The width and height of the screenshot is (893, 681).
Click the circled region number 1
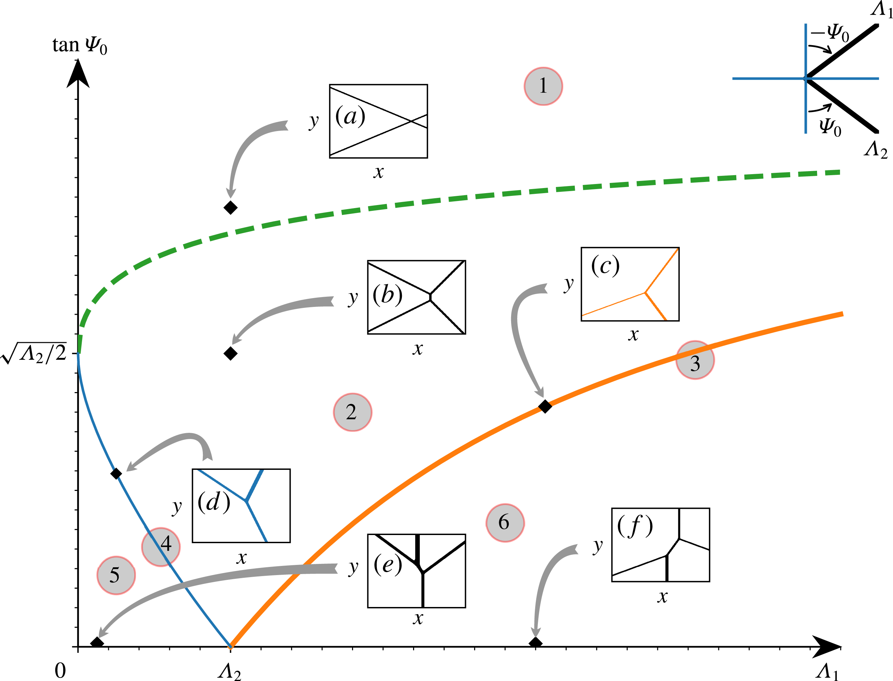543,86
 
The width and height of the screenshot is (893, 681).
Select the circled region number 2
352,412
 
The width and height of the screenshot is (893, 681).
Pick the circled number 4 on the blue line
161,547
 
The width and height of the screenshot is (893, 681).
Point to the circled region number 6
505,523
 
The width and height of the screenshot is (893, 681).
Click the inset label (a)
350,116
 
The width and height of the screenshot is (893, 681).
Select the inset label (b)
388,295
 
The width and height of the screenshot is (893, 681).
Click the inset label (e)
388,564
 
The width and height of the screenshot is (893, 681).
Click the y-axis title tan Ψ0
80,45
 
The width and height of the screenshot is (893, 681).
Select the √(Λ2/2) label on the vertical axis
34,353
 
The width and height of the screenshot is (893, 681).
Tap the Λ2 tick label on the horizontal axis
229,671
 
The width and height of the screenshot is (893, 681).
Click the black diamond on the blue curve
116,474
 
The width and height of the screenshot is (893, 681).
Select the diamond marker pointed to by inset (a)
230,207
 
